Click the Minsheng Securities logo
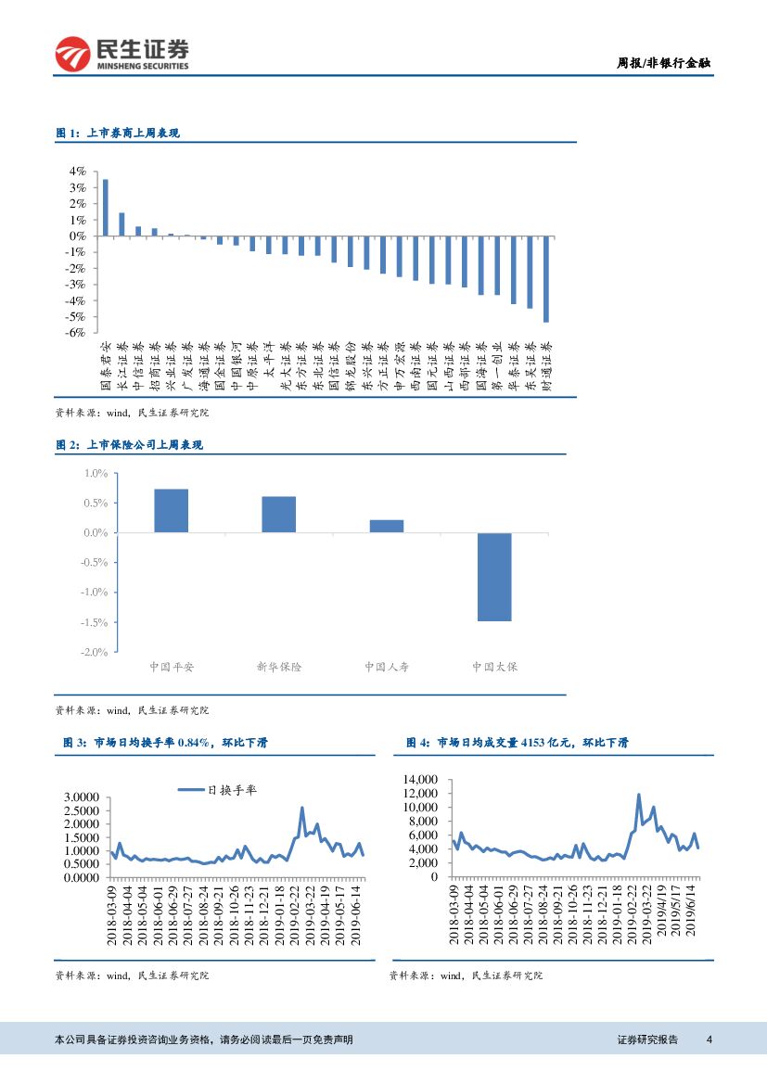pos(121,54)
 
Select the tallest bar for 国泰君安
pos(105,208)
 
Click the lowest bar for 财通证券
pos(546,279)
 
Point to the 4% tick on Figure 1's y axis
pos(76,172)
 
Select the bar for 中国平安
pos(171,511)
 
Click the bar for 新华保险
pos(278,515)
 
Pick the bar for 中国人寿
pos(387,526)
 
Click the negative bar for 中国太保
pos(494,577)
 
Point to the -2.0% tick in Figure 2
pos(96,652)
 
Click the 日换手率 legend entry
pos(219,790)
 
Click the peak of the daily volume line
pos(638,795)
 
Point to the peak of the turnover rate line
pos(302,808)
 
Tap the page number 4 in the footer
pos(709,1039)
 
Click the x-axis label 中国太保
pos(494,667)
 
